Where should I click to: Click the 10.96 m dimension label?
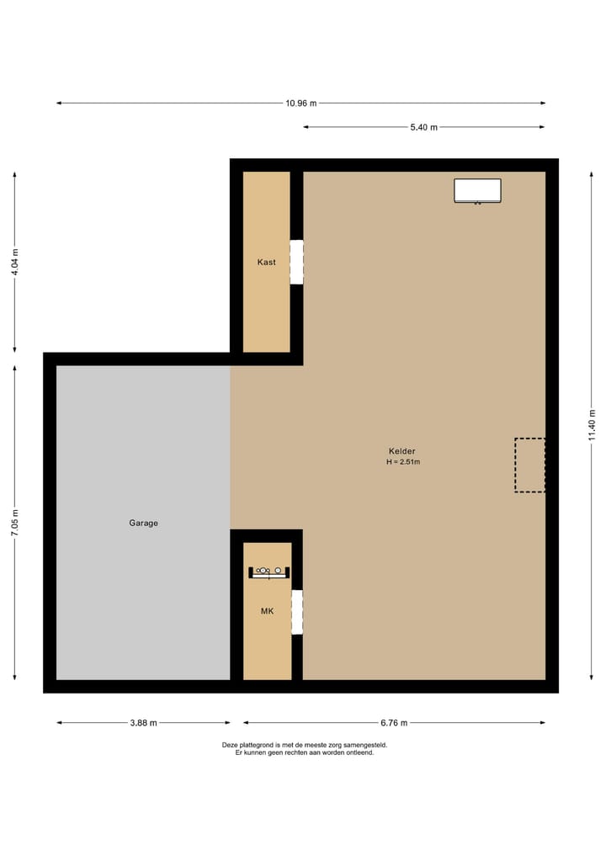pyautogui.click(x=301, y=104)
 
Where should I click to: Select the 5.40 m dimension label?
pyautogui.click(x=423, y=127)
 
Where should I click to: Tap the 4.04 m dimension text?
pyautogui.click(x=14, y=263)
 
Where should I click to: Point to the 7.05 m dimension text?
pyautogui.click(x=14, y=522)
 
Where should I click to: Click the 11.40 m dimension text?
pyautogui.click(x=592, y=425)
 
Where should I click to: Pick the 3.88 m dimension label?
pyautogui.click(x=143, y=723)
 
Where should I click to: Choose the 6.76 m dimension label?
pyautogui.click(x=394, y=723)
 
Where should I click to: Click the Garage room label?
pyautogui.click(x=143, y=523)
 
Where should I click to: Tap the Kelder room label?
pyautogui.click(x=401, y=451)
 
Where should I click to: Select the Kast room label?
pyautogui.click(x=266, y=263)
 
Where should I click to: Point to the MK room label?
pyautogui.click(x=267, y=611)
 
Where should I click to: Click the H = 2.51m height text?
pyautogui.click(x=403, y=462)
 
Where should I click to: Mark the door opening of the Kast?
pyautogui.click(x=296, y=262)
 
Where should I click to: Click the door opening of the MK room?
pyautogui.click(x=296, y=612)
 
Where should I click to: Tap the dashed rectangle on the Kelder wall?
pyautogui.click(x=529, y=465)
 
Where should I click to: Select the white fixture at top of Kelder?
pyautogui.click(x=477, y=190)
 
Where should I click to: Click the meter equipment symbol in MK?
pyautogui.click(x=268, y=572)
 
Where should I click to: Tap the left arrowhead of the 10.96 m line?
pyautogui.click(x=59, y=104)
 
